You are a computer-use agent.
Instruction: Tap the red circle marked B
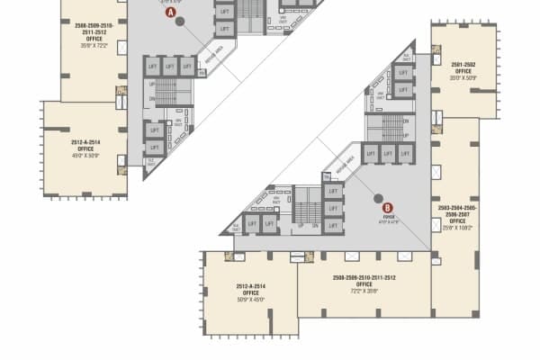(x=388, y=206)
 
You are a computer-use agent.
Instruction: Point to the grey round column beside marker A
(x=180, y=21)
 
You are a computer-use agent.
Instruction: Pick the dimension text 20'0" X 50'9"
(x=463, y=77)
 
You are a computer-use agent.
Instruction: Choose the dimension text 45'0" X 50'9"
(x=85, y=156)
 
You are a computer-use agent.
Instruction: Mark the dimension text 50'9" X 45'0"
(x=250, y=300)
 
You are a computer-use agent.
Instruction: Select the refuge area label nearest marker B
(x=343, y=166)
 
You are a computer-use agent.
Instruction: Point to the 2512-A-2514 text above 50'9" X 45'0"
(x=250, y=286)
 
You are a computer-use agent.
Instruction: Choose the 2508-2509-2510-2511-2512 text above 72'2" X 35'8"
(x=364, y=277)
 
